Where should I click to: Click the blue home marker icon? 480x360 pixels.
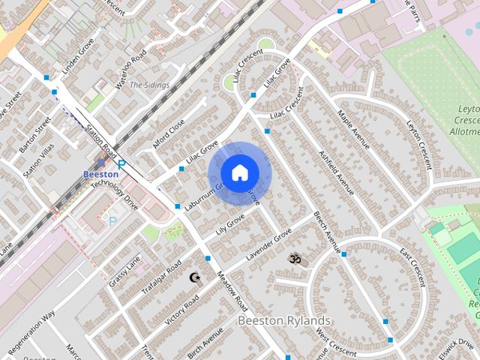pos(238,173)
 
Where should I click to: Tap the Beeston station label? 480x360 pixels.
pos(100,174)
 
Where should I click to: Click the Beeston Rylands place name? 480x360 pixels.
pos(284,320)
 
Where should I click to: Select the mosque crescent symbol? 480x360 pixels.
pos(196,277)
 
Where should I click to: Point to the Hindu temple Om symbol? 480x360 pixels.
pos(293,259)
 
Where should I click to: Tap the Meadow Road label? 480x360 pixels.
pos(232,291)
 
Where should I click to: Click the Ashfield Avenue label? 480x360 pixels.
pos(335,171)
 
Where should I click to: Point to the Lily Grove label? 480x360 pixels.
pos(230,223)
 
